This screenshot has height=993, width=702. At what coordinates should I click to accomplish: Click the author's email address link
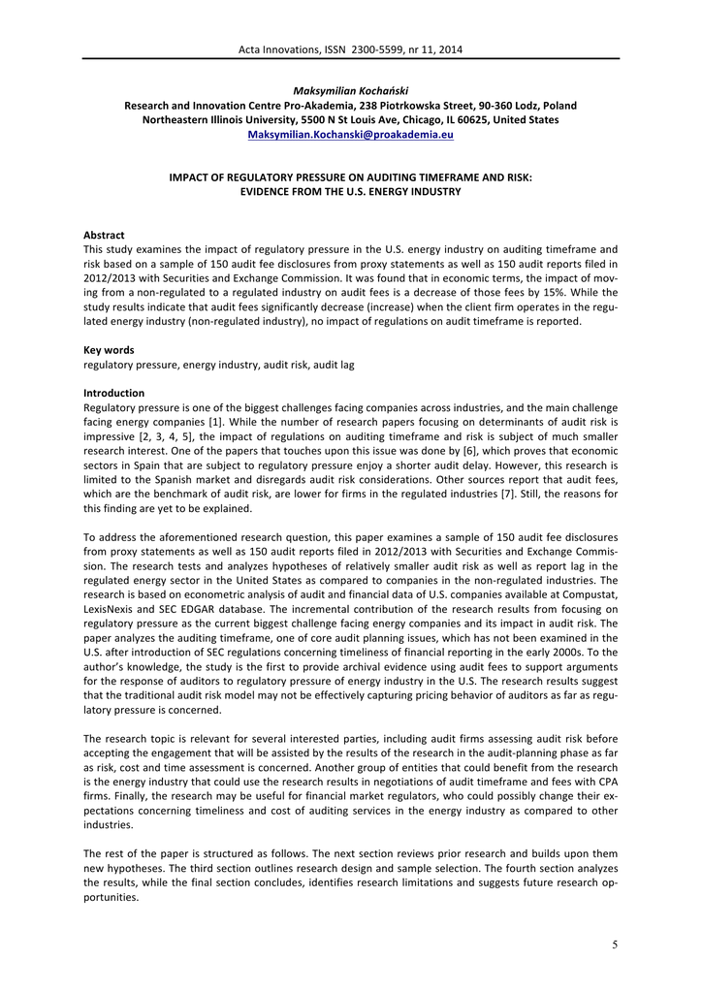(351, 135)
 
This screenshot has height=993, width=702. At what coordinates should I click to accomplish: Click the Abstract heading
(104, 235)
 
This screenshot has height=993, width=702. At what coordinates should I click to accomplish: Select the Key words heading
(109, 349)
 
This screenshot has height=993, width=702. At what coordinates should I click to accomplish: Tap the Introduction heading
(114, 393)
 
